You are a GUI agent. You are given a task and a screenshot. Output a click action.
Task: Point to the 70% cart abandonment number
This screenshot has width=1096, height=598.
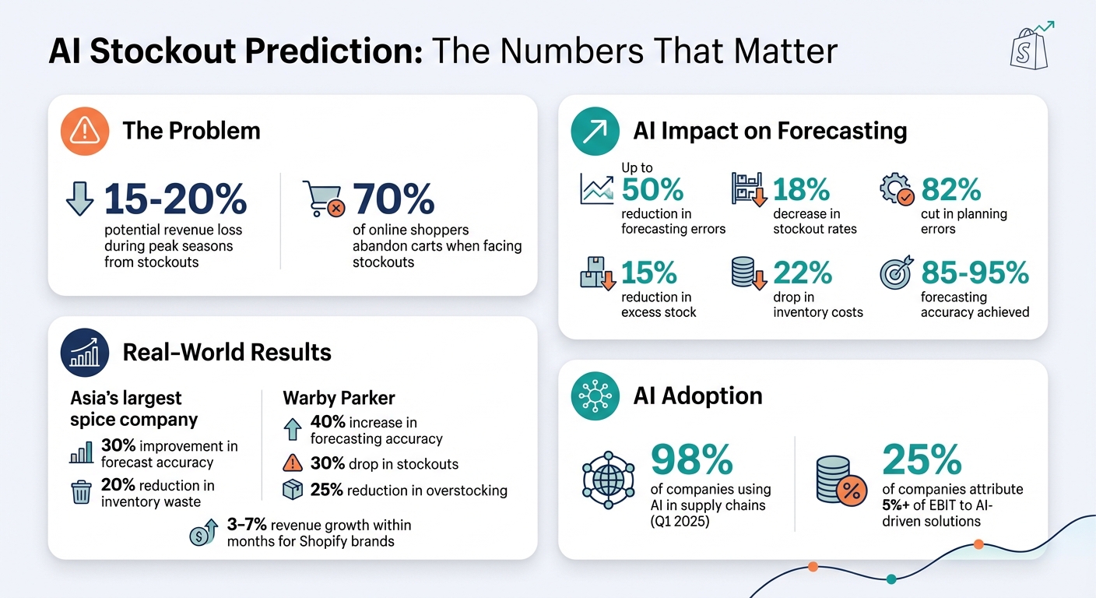pos(393,199)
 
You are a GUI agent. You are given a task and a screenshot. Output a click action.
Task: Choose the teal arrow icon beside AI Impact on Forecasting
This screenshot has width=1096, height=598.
pos(595,131)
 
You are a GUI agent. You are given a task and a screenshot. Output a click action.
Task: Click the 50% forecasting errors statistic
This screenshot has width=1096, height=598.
pos(652,189)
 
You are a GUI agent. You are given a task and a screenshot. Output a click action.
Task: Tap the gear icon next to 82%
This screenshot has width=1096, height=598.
pos(895,190)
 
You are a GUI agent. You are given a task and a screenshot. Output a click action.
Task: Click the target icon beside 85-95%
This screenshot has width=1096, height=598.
pos(895,273)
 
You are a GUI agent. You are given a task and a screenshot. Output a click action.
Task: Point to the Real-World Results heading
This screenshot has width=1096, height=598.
pos(227,352)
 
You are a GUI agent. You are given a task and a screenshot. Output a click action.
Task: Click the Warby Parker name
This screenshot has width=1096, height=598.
pos(339,398)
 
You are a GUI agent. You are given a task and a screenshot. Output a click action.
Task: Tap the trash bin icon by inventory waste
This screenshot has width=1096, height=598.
pos(81,492)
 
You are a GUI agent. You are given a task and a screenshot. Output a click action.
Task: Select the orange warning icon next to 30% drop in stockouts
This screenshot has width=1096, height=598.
pos(293,464)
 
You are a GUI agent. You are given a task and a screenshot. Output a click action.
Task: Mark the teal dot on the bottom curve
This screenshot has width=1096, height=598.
pos(891,579)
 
